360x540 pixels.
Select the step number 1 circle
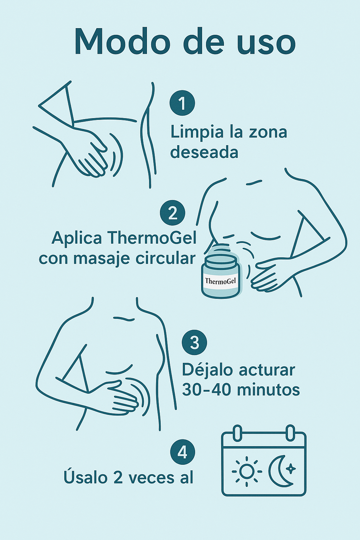pos(182,103)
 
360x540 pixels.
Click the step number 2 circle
pos(172,213)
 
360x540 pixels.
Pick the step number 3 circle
pos(194,342)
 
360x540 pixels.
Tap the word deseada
pos(204,152)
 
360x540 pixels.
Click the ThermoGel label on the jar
pos(220,281)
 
